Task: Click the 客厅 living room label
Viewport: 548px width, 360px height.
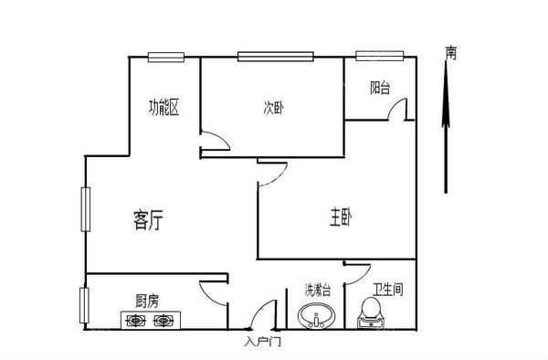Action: (148, 219)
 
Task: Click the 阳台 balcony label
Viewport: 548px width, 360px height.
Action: (380, 89)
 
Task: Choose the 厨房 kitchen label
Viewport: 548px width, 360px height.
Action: (147, 300)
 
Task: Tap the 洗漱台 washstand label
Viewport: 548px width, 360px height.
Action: (317, 291)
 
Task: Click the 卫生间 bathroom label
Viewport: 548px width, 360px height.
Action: (385, 291)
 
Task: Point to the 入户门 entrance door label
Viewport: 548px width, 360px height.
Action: (262, 343)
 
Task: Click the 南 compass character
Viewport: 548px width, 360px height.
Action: (451, 54)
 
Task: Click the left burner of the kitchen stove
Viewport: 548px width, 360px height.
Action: (135, 321)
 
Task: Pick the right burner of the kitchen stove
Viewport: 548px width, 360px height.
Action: (163, 321)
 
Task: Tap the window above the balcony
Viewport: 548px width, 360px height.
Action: (371, 56)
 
